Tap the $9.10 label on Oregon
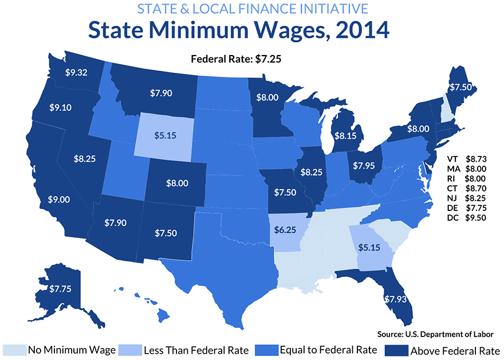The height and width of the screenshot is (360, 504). pyautogui.click(x=60, y=107)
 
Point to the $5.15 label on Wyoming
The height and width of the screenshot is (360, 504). pyautogui.click(x=166, y=135)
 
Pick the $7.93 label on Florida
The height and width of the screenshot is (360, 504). pyautogui.click(x=393, y=299)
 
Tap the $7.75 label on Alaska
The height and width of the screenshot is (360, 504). pyautogui.click(x=60, y=288)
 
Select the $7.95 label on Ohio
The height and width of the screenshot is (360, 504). pyautogui.click(x=365, y=166)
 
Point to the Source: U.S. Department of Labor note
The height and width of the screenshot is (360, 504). pyautogui.click(x=435, y=334)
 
